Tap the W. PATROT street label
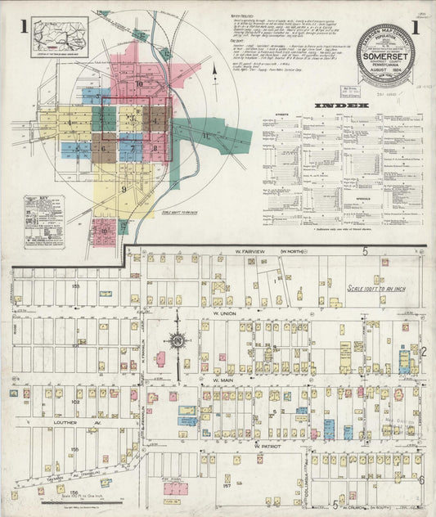click(x=267, y=446)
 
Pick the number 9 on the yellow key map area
click(x=124, y=189)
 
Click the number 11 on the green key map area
click(x=205, y=136)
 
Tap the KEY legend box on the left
click(x=40, y=221)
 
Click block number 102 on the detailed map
click(x=76, y=402)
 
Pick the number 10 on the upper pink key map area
click(x=139, y=83)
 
